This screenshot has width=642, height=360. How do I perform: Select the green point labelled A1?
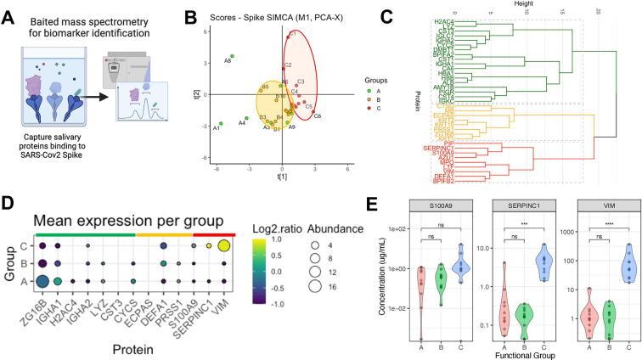[x=221, y=122]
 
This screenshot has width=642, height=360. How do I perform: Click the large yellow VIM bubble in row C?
[x=223, y=246]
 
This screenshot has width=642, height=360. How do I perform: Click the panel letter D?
[x=8, y=205]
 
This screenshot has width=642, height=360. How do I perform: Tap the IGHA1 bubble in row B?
[x=58, y=263]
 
